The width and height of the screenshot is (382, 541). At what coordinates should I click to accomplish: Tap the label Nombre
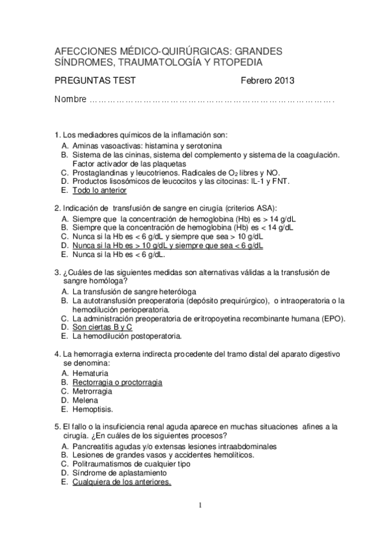pyautogui.click(x=70, y=100)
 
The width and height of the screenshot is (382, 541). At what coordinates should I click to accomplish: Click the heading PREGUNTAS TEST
pyautogui.click(x=95, y=81)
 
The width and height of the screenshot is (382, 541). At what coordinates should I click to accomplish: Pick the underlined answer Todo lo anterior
pyautogui.click(x=99, y=190)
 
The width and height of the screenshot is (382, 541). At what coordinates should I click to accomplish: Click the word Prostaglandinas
pyautogui.click(x=105, y=172)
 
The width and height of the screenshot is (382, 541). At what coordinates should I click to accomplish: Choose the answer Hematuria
pyautogui.click(x=91, y=373)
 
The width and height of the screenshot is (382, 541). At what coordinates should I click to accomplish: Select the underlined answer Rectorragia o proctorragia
pyautogui.click(x=117, y=382)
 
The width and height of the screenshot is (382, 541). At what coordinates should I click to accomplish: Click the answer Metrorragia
pyautogui.click(x=92, y=390)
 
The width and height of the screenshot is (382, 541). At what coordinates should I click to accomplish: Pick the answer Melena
pyautogui.click(x=85, y=400)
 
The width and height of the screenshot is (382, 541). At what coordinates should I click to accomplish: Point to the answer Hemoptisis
pyautogui.click(x=93, y=409)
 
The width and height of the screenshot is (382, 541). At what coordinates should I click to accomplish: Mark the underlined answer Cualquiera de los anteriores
pyautogui.click(x=121, y=482)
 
